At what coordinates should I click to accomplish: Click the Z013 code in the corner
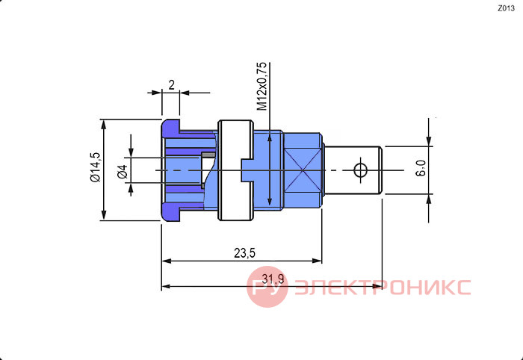[506, 9]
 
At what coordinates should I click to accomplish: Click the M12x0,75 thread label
[261, 86]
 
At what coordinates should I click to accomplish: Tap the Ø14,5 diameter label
[95, 167]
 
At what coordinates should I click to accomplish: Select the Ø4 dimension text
[123, 172]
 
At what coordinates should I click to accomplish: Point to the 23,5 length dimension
[244, 253]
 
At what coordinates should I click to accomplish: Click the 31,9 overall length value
[274, 279]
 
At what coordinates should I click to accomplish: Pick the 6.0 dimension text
[421, 167]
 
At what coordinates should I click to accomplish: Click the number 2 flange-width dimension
[171, 85]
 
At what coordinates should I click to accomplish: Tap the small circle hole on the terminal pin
[360, 170]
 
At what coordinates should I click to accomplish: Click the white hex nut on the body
[235, 170]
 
